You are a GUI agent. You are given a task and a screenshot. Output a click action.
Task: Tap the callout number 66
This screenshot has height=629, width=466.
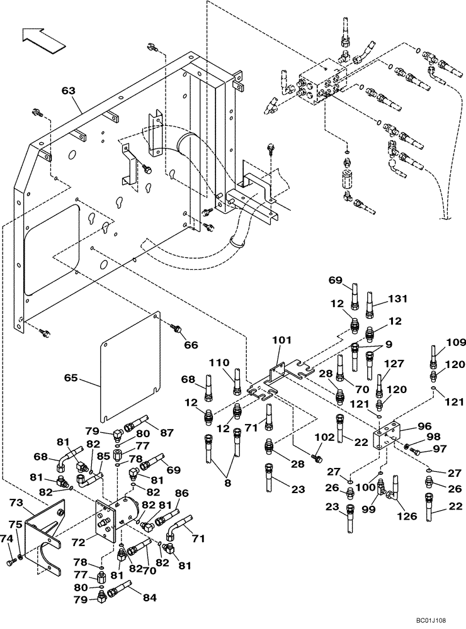[190, 345]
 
